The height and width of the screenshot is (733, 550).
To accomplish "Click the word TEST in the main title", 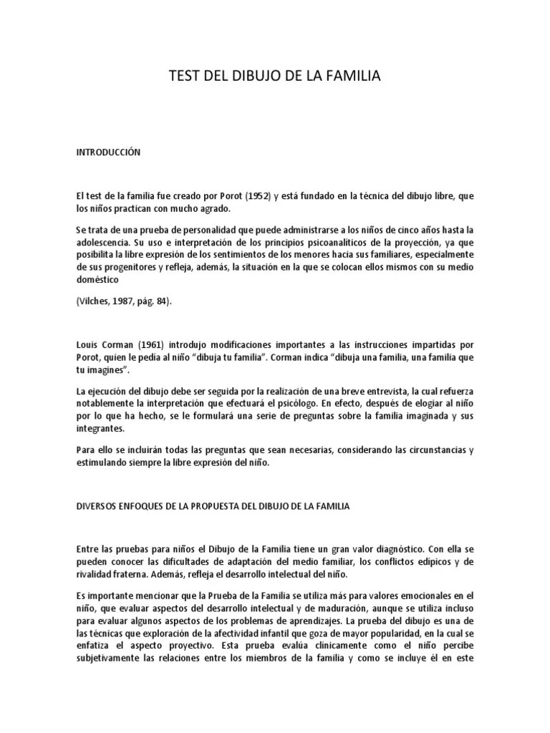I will (184, 76).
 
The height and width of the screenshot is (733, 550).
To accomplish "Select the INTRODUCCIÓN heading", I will (108, 152).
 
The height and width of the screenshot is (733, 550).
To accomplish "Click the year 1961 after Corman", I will (159, 344).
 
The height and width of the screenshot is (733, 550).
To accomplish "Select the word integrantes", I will (100, 429).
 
